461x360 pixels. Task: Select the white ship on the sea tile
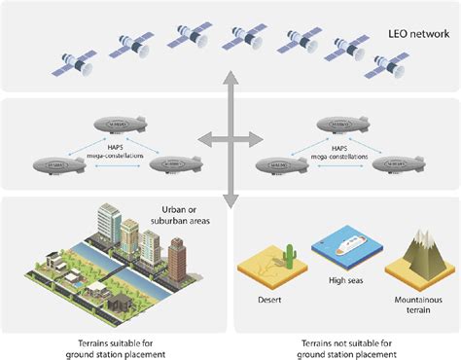pos(344,247)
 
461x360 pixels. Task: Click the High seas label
pos(343,282)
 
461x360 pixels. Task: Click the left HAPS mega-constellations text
pos(116,150)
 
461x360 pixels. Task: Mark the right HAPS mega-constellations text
pos(341,150)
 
